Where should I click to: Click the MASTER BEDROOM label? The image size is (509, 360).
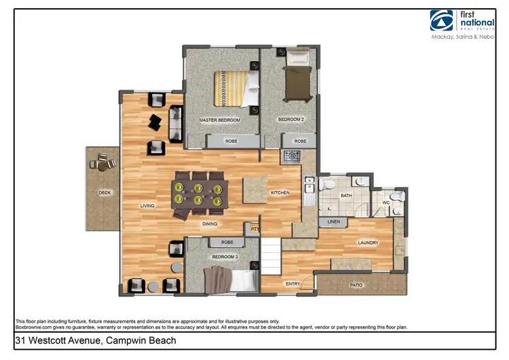click(x=219, y=120)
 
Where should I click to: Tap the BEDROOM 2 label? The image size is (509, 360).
click(x=290, y=120)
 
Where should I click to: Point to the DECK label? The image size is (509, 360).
click(x=104, y=192)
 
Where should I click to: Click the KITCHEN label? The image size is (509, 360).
click(x=280, y=193)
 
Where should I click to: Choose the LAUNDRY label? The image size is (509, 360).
click(x=368, y=242)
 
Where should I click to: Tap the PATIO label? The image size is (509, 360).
click(x=356, y=285)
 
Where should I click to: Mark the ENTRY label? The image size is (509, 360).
click(x=293, y=284)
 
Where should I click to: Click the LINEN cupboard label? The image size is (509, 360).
click(x=333, y=221)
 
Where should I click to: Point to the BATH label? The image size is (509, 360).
click(x=346, y=196)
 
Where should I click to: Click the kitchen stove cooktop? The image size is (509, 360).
click(x=292, y=156)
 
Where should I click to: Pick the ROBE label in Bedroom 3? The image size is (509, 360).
click(x=227, y=242)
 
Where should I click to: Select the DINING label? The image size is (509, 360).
click(x=209, y=223)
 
